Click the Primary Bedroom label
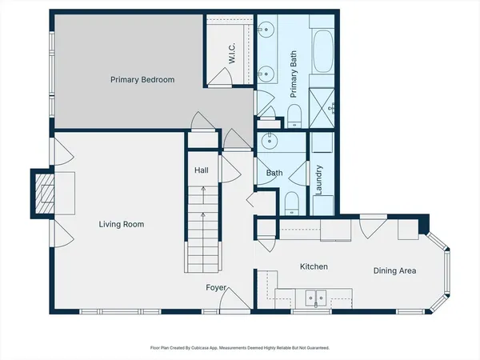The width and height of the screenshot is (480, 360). coord(142,80)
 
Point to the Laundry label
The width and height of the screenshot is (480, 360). coord(318,180)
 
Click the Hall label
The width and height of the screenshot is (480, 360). coord(202,170)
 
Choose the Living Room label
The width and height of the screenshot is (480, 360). coord(122,225)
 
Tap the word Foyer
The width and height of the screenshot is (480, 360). coord(216,287)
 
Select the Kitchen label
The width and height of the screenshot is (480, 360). coord(314,266)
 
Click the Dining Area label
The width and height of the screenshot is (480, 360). coord(394,271)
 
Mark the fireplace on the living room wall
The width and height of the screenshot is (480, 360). coord(44,194)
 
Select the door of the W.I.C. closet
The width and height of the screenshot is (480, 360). coord(220,76)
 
